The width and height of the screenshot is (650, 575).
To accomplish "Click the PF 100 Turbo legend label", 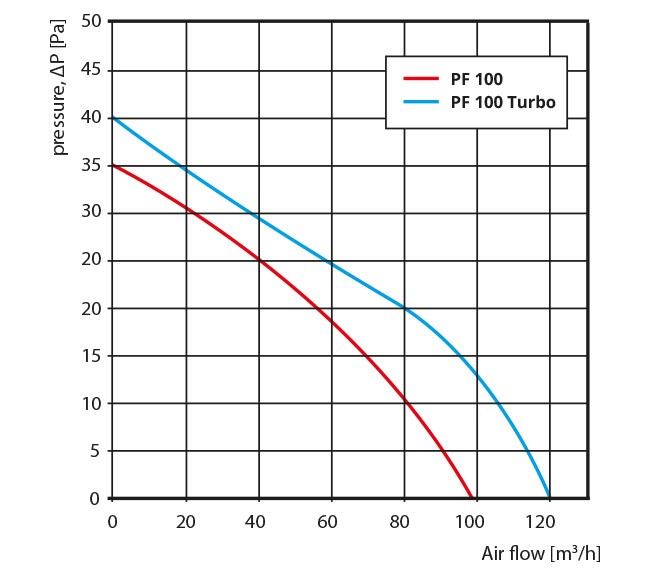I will pos(503,102).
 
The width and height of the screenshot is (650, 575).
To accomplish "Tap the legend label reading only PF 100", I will pos(476,78).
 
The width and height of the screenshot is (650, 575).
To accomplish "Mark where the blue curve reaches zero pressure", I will pos(549,498).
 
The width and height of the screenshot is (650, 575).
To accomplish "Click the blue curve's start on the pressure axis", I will pos(112,118).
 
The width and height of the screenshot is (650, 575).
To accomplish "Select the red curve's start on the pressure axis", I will pos(112,165).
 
